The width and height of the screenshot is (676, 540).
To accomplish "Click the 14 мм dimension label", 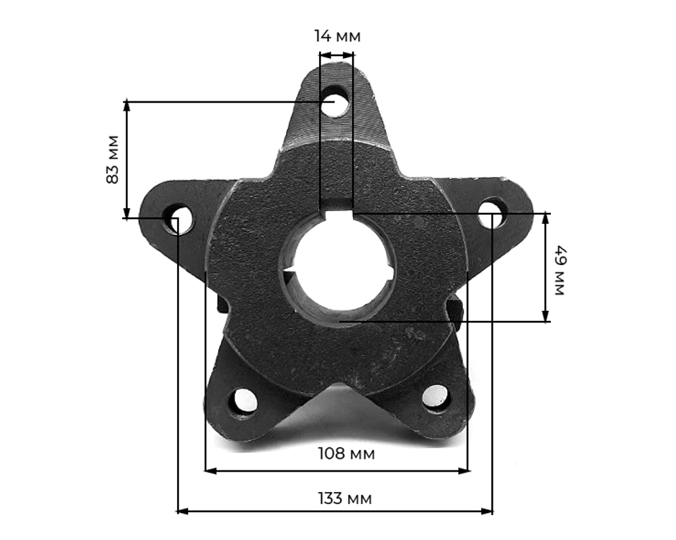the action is (x=337, y=36).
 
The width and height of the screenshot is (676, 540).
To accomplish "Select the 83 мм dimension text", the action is (x=112, y=159).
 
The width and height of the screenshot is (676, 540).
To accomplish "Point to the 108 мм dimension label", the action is (x=346, y=453).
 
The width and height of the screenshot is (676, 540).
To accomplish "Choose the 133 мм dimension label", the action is (x=345, y=499).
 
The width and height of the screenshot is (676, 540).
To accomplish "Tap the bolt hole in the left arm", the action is (x=176, y=218).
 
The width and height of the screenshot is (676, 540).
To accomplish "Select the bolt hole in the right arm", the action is (x=493, y=212).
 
